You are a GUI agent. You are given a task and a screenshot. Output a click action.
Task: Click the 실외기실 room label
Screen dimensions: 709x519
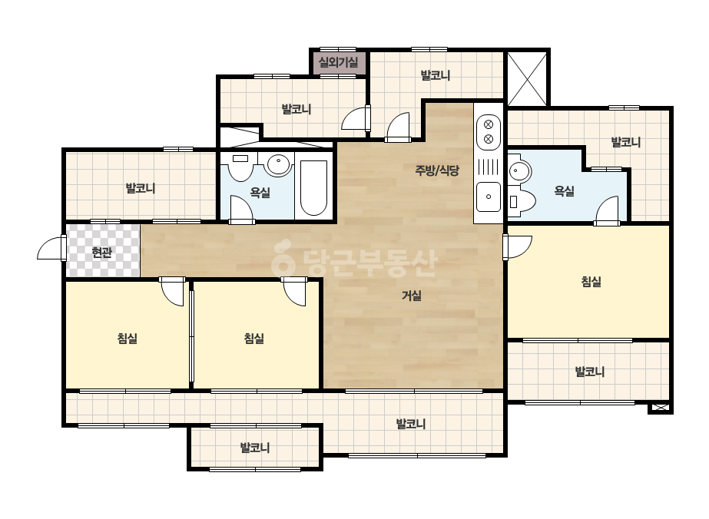338,62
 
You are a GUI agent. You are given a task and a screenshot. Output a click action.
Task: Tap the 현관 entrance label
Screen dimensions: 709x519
101,253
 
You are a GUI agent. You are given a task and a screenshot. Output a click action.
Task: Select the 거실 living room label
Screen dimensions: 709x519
412,296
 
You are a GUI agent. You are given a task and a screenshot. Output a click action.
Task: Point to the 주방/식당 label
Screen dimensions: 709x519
437,170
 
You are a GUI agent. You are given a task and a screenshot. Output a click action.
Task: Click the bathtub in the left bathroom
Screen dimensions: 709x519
314,187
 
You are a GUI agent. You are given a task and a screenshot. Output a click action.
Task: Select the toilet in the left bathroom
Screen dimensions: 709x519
240,167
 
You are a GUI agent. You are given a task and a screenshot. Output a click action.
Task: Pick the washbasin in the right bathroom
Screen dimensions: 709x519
519,171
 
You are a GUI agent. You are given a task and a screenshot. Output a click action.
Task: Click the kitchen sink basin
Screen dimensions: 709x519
489,197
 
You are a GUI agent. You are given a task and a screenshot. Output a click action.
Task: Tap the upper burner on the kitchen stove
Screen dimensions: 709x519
489,124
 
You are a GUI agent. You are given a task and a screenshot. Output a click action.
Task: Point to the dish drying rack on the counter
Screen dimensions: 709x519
489,167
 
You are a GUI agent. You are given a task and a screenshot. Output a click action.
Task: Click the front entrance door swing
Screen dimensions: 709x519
51,248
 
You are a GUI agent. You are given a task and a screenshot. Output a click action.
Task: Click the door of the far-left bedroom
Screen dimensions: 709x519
172,292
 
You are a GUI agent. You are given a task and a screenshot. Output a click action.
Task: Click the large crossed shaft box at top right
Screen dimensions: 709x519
527,78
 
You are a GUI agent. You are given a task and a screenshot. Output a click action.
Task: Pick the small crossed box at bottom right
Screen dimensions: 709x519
660,408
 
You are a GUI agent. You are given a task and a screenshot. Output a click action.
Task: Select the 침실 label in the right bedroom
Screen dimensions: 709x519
591,282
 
